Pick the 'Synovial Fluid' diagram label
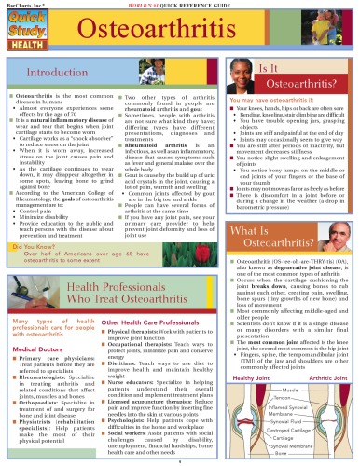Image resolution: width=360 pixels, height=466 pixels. click(x=290, y=421)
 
